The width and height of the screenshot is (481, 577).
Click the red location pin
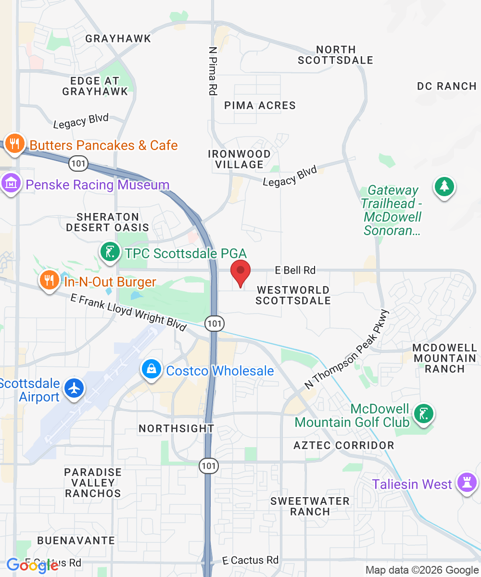[240, 272]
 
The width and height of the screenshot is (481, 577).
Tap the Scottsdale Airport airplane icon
[74, 388]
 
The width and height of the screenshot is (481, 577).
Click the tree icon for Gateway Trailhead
[444, 187]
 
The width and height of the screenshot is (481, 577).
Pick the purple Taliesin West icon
[467, 482]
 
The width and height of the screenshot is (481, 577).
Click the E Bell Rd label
[295, 270]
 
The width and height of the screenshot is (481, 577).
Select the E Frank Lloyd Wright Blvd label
[128, 312]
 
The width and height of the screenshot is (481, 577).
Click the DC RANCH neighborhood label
[446, 87]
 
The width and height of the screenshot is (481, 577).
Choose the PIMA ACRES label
[260, 105]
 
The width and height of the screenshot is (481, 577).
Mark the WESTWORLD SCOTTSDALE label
[293, 295]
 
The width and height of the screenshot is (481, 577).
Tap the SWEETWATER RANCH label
[310, 506]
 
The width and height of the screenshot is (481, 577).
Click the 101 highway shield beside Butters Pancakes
[78, 163]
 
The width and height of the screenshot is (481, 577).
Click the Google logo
[33, 565]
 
